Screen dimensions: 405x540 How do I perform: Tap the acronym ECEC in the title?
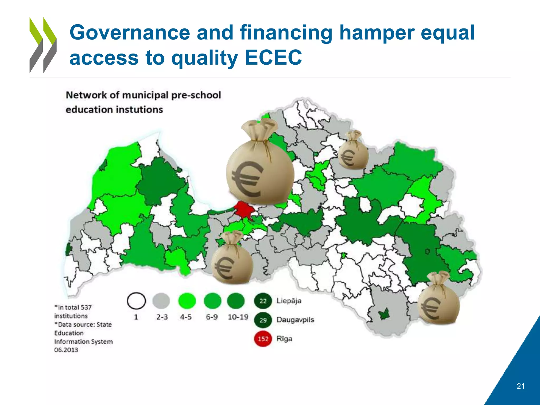click(x=273, y=57)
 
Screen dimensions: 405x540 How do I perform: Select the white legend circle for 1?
click(x=136, y=301)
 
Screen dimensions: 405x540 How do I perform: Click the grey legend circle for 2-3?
click(x=161, y=301)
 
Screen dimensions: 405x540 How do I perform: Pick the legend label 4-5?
click(x=186, y=317)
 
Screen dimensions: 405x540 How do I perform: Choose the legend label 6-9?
click(x=212, y=317)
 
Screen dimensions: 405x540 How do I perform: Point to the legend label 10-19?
click(x=238, y=317)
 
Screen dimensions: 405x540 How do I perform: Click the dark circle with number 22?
click(x=263, y=301)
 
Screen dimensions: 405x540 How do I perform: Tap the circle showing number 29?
click(x=263, y=320)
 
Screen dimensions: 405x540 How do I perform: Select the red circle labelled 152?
click(x=263, y=339)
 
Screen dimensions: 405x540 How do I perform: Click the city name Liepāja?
click(x=289, y=301)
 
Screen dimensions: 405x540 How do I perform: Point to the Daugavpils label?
click(x=295, y=320)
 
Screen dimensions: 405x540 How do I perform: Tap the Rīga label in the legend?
click(x=284, y=339)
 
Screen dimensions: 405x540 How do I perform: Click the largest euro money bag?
click(x=260, y=166)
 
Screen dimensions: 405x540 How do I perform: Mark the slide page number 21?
click(x=520, y=386)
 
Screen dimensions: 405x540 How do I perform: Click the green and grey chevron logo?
click(x=43, y=45)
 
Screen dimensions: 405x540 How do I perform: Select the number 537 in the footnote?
click(x=86, y=307)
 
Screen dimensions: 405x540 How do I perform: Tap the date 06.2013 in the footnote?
click(x=66, y=350)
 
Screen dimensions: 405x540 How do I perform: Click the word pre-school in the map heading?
click(x=196, y=95)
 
